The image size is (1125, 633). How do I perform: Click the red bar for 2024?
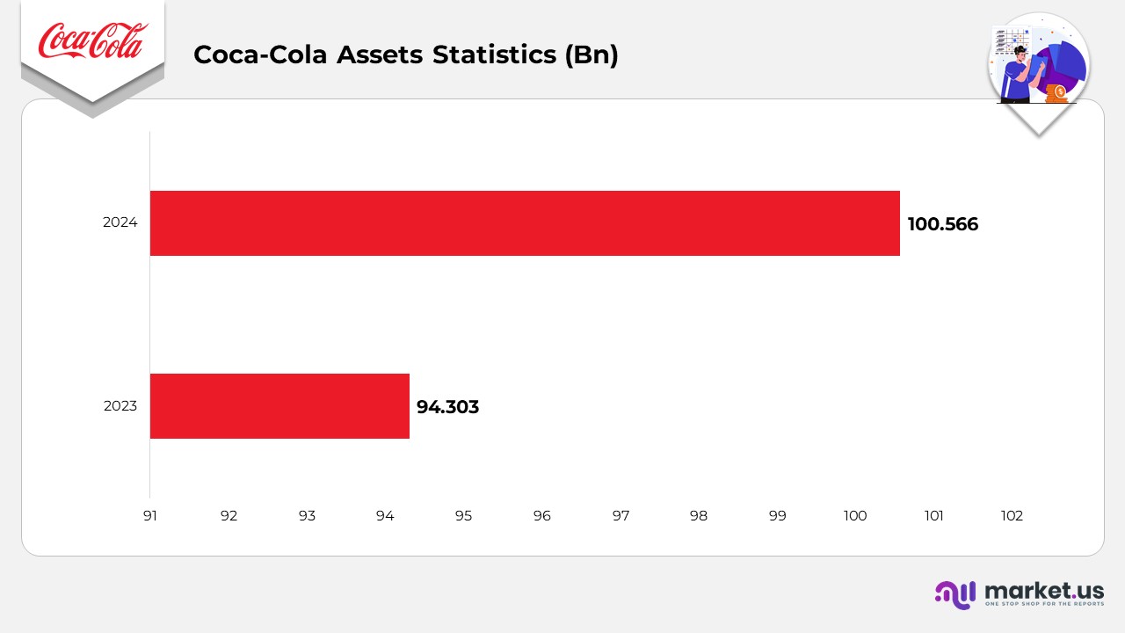525,223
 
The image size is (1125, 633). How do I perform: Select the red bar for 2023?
279,406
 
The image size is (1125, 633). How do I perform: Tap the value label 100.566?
942,224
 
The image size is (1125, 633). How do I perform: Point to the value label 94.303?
447,407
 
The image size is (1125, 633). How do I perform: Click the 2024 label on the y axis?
120,223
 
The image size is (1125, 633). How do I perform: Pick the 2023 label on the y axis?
120,406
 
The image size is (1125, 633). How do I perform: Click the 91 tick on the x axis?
150,516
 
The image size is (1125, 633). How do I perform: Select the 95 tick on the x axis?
463,516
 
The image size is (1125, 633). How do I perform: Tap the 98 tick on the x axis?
699,516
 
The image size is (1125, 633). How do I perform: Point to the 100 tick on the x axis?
855,516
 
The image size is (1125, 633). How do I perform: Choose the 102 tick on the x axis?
1012,516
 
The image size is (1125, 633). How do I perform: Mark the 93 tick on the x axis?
307,516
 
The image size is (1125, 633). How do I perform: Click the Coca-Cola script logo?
92,42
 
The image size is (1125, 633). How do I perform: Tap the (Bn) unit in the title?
592,55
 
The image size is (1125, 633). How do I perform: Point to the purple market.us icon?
955,594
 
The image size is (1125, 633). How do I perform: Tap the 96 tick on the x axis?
541,516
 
